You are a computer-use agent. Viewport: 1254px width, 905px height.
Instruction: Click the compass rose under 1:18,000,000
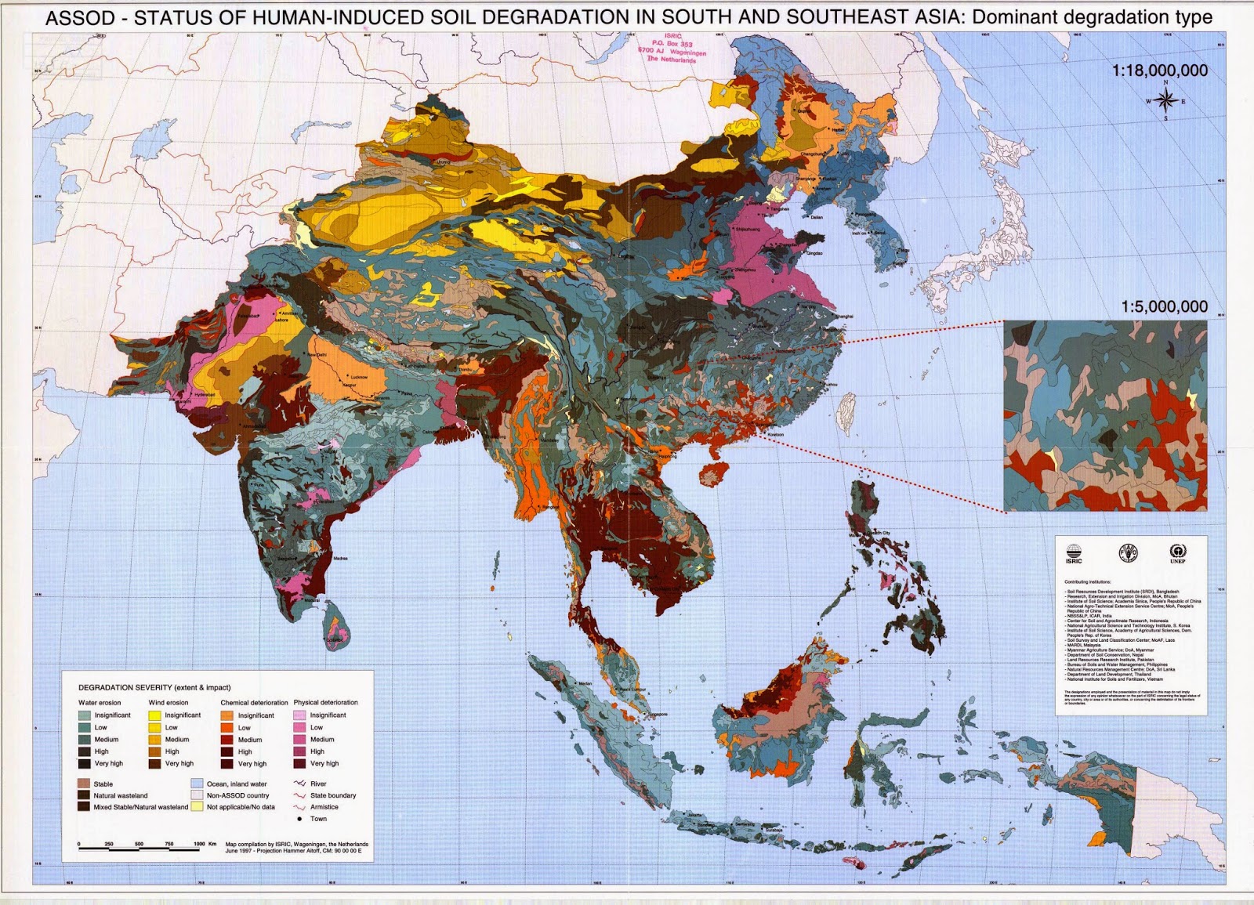coord(1165,100)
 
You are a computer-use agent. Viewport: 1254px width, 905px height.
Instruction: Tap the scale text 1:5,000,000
coord(1164,306)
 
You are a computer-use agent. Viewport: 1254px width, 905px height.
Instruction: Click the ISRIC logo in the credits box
coord(1074,553)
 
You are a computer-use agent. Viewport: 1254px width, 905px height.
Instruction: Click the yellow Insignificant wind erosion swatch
coord(154,715)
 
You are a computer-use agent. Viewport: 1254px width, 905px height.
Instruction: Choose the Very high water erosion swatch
coord(85,763)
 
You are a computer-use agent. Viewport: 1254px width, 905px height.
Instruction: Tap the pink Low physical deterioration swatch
coord(300,727)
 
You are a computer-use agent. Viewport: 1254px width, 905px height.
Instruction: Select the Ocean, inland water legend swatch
coord(197,784)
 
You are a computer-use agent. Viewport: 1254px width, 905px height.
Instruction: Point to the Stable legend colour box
coord(84,784)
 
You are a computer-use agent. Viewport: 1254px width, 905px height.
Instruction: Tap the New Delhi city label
coord(317,355)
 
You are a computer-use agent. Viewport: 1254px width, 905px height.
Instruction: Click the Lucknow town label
coord(359,377)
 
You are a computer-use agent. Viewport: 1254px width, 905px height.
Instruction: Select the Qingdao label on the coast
coord(815,253)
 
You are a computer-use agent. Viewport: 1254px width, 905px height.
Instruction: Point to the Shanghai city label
coord(844,316)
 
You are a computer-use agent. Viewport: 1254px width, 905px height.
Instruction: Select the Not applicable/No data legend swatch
coord(197,806)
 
